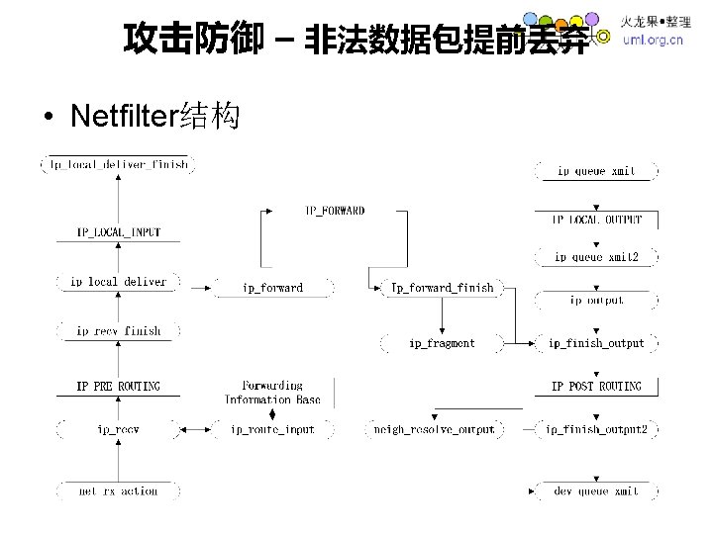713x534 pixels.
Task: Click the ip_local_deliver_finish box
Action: pos(117,164)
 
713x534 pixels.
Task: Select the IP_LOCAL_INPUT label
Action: pos(118,232)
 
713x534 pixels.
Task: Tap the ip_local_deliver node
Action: pos(118,282)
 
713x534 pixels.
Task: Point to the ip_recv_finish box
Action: pos(118,331)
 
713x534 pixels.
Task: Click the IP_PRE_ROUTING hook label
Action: pos(118,386)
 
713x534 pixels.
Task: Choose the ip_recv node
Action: pos(118,429)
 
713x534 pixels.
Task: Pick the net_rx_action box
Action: pos(118,490)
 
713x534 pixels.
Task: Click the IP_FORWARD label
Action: pos(334,211)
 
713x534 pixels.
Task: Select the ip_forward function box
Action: pos(272,288)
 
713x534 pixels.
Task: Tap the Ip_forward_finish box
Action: pos(442,288)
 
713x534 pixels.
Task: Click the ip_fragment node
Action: pos(442,343)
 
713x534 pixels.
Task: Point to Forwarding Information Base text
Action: pos(272,392)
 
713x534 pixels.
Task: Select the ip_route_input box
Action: pos(272,429)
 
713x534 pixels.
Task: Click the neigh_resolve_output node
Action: pos(435,429)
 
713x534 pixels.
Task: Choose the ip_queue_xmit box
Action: pos(596,171)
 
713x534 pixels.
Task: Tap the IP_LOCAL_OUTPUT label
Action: pos(596,220)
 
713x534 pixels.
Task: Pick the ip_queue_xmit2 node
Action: pos(596,257)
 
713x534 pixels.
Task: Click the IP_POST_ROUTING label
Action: pos(596,386)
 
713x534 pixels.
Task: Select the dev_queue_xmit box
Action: pos(596,490)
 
